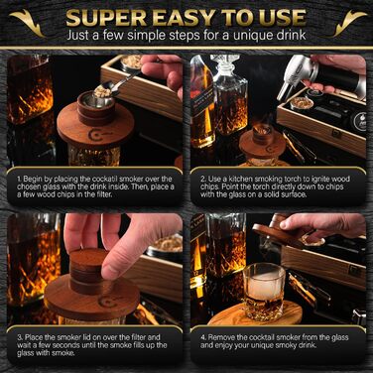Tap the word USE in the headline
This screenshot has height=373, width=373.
click(283, 18)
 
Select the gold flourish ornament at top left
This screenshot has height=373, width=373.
click(28, 22)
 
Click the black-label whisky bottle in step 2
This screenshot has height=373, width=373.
click(202, 102)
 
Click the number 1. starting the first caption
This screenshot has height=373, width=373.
click(19, 180)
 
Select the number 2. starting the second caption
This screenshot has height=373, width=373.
click(203, 180)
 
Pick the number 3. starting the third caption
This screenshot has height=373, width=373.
click(20, 337)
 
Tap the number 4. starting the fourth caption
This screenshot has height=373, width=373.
click(203, 337)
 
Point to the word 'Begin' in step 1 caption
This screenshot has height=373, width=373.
click(33, 180)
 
